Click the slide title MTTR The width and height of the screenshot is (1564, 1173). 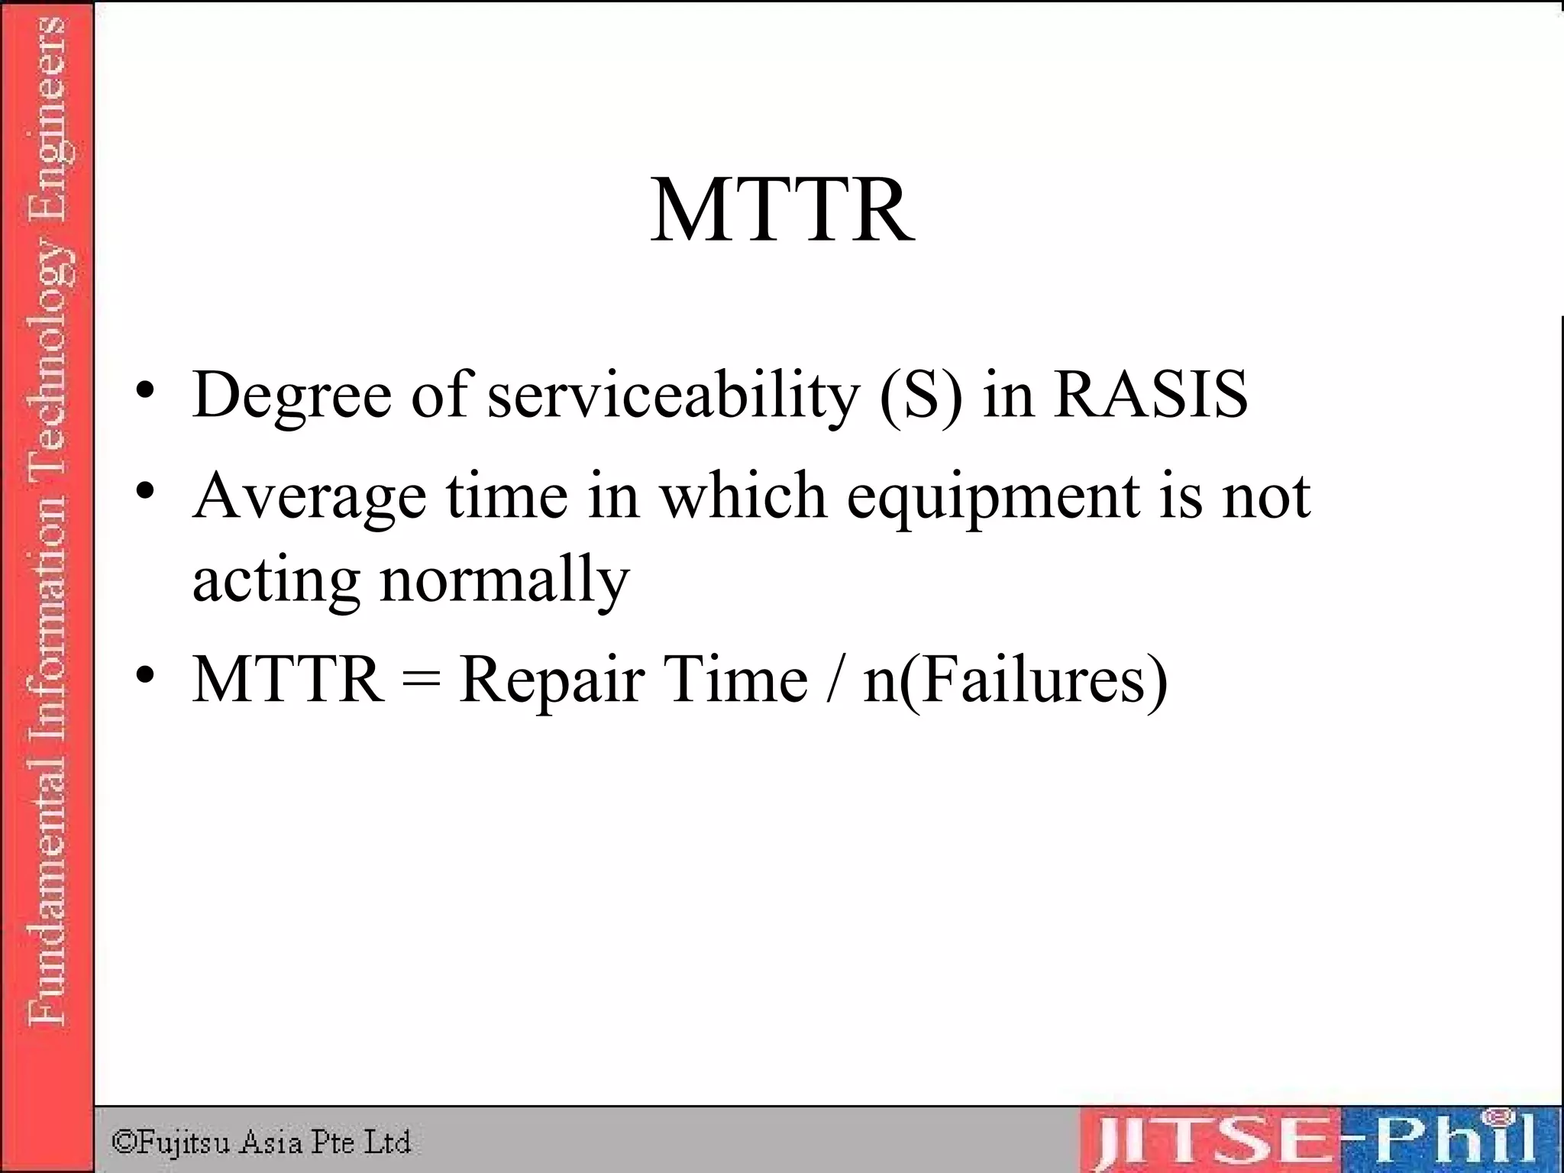coord(782,209)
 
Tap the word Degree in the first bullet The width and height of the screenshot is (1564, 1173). coord(292,396)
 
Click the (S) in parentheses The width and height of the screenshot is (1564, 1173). coord(921,396)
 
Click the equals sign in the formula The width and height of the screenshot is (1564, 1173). coord(421,678)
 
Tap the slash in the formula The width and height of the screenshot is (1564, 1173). coord(835,678)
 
